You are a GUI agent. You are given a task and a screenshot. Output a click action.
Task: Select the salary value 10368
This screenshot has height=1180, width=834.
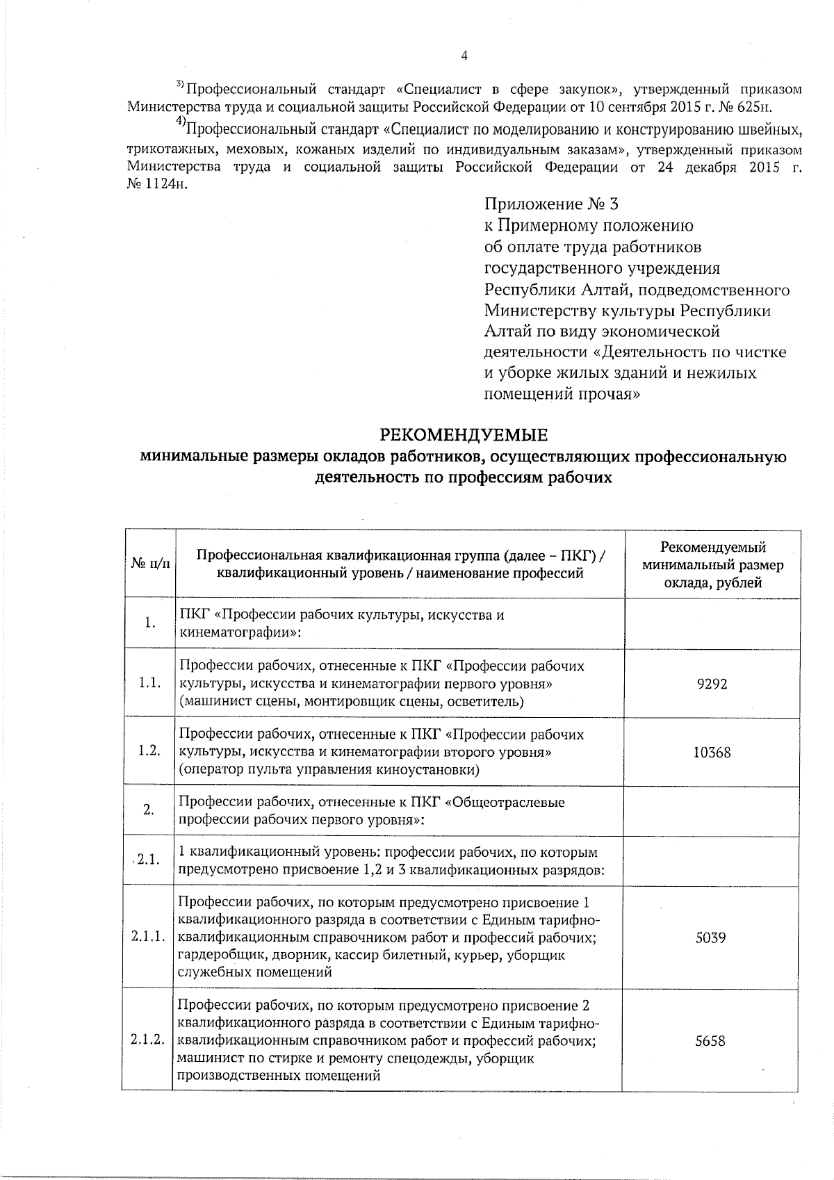pos(712,752)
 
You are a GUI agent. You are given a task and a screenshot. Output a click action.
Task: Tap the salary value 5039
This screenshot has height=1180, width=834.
pos(711,937)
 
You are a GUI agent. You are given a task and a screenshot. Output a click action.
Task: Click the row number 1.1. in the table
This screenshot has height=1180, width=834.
pos(150,684)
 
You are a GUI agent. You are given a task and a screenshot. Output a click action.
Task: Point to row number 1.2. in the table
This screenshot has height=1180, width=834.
pos(150,752)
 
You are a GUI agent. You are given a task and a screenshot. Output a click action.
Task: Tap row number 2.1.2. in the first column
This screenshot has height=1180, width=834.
pos(147,1041)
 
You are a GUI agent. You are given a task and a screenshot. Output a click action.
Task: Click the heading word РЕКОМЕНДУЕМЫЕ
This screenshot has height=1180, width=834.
pos(464,436)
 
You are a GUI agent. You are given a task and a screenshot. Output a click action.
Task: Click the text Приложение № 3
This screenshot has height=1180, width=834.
pos(550,204)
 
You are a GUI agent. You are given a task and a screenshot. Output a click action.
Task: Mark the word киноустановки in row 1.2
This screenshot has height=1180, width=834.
pos(437,770)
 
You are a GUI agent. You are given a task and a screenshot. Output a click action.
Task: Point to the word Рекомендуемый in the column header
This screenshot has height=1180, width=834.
pos(712,548)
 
